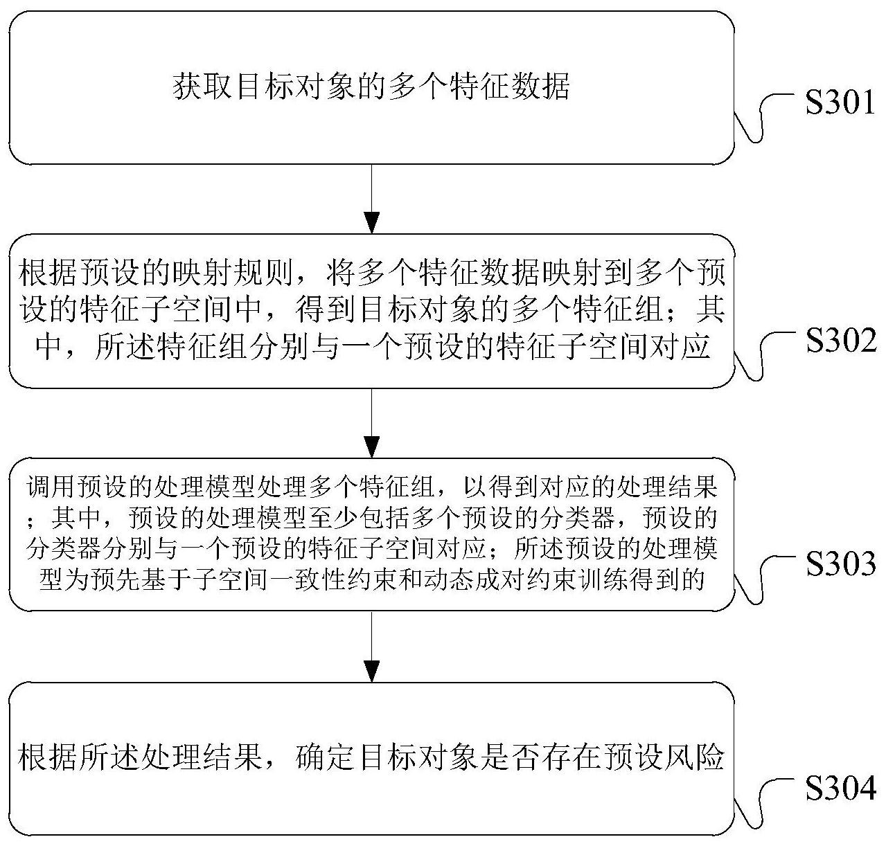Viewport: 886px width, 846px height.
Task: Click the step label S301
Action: [840, 105]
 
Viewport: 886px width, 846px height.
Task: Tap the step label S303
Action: [840, 565]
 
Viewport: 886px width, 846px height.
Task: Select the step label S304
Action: [840, 789]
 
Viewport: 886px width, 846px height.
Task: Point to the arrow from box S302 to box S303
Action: [372, 422]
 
